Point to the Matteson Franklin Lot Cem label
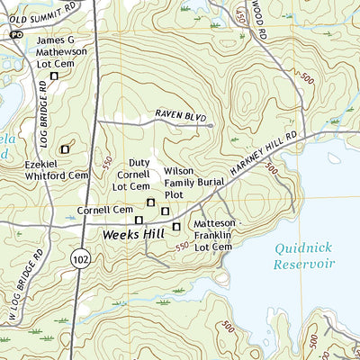214,234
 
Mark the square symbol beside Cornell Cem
139,220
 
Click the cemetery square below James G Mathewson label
54,76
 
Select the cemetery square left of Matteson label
176,226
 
